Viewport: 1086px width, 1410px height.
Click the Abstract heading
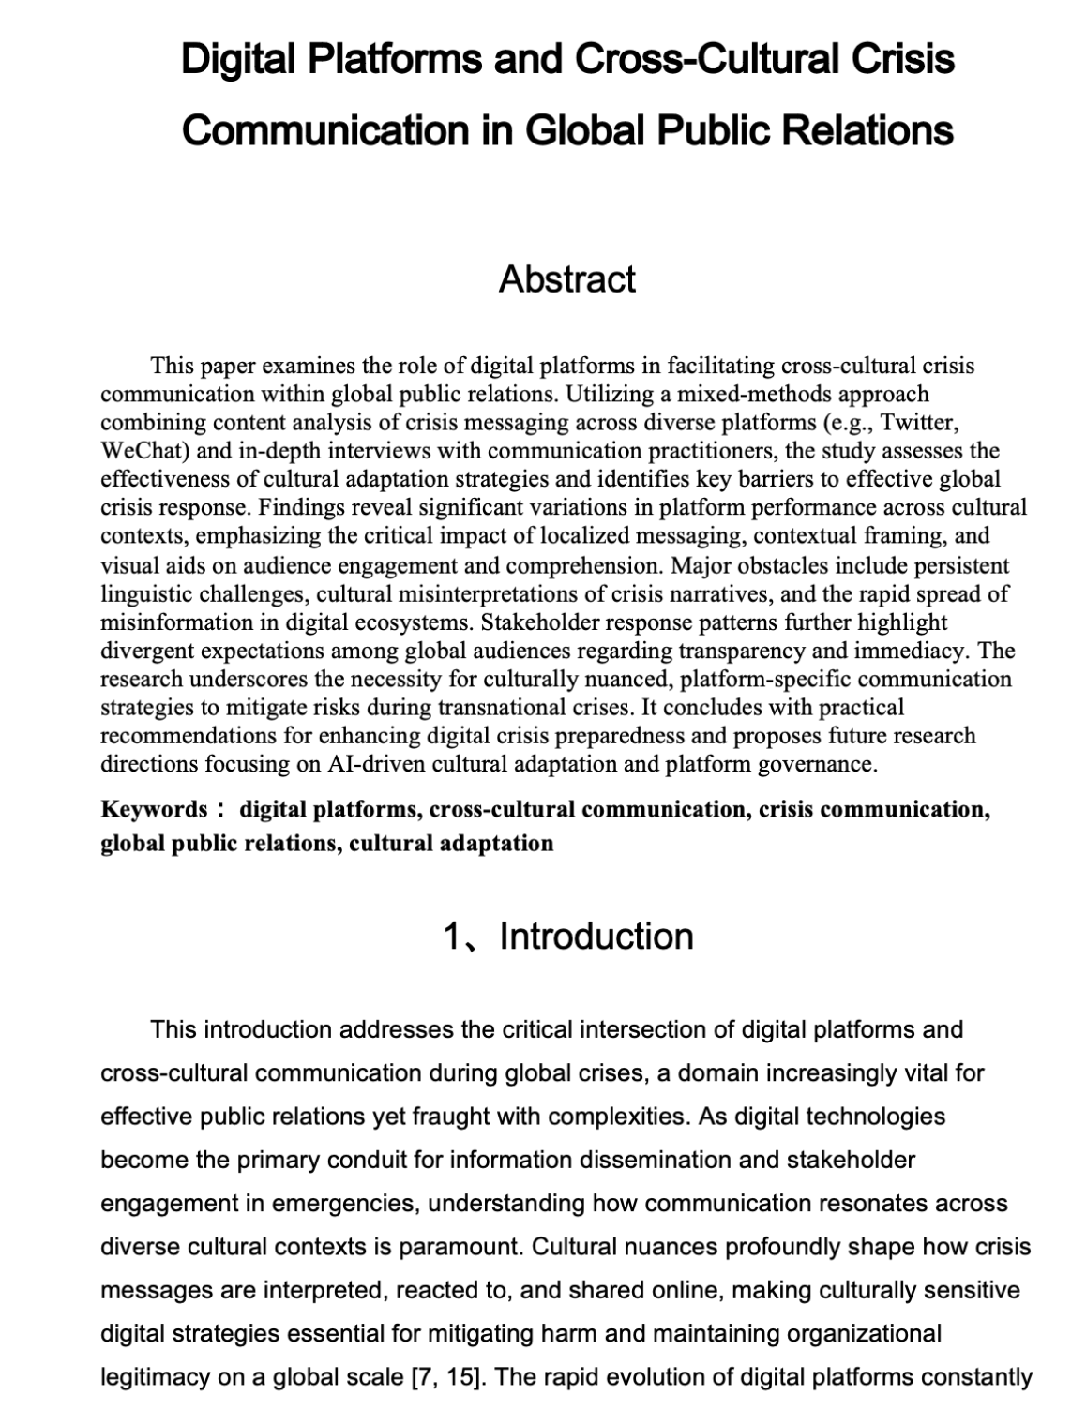[566, 278]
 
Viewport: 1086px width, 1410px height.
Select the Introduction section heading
[596, 936]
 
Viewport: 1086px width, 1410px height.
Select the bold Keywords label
[154, 809]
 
